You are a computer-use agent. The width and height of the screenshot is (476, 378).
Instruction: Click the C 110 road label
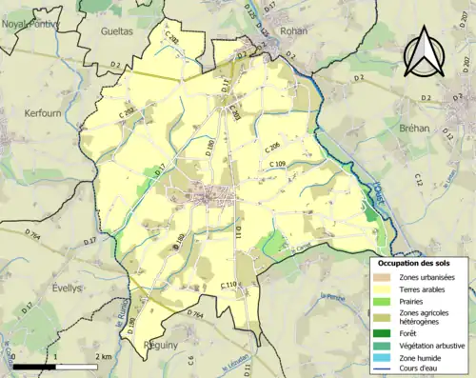click(x=228, y=285)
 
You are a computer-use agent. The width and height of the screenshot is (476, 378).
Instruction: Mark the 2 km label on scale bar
click(x=105, y=356)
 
